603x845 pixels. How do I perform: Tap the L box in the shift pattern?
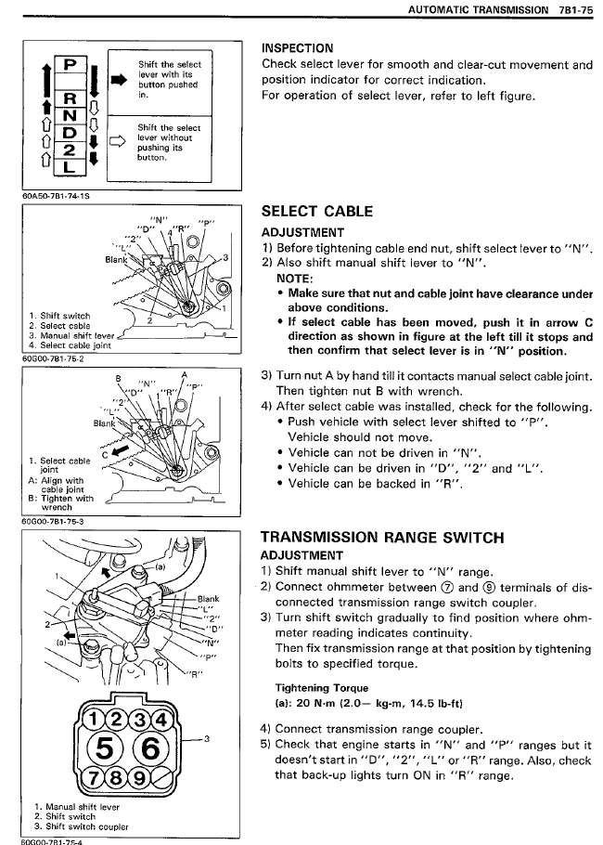(x=70, y=167)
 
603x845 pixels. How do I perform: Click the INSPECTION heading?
(x=298, y=47)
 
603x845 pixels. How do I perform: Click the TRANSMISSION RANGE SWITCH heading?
(x=382, y=537)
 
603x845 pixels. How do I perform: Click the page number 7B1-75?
(x=574, y=9)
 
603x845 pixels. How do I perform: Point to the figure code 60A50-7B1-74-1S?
(x=56, y=196)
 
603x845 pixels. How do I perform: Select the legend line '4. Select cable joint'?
(x=64, y=344)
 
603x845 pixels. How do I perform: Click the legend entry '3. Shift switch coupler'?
(x=74, y=826)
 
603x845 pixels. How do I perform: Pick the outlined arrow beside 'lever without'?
(x=118, y=142)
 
